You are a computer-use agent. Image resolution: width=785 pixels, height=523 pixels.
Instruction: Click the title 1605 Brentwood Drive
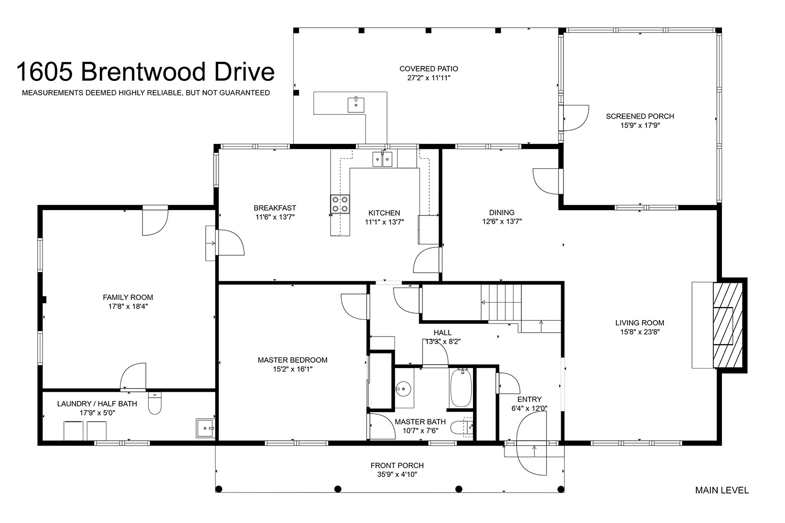click(x=145, y=72)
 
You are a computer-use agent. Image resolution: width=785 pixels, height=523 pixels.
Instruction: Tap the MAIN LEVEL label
click(x=722, y=491)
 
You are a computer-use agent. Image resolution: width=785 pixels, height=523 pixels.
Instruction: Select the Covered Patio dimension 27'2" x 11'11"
click(x=428, y=78)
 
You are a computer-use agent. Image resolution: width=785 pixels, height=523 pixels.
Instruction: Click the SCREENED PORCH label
click(x=640, y=116)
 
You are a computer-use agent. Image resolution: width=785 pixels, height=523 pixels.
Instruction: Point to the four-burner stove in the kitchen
click(x=340, y=204)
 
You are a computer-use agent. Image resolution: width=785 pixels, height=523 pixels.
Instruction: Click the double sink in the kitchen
click(x=382, y=159)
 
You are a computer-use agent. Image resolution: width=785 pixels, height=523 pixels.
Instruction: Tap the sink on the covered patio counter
click(x=356, y=105)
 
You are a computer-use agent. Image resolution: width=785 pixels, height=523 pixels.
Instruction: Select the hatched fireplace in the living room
click(x=727, y=325)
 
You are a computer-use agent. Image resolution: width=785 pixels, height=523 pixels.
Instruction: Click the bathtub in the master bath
click(x=460, y=387)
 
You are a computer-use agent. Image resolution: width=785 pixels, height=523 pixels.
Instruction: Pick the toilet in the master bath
click(x=461, y=428)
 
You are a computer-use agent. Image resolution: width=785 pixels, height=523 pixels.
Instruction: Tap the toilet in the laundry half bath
click(x=155, y=403)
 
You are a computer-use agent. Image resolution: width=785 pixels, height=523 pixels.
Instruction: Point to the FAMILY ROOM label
click(x=128, y=297)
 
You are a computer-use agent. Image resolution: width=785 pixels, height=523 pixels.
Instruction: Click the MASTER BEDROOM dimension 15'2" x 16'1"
click(x=293, y=369)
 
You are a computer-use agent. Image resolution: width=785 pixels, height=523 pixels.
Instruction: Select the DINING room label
click(x=502, y=212)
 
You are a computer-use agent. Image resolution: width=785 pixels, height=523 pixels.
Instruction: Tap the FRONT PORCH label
click(x=397, y=465)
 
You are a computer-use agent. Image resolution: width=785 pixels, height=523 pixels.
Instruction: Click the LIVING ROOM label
click(x=640, y=323)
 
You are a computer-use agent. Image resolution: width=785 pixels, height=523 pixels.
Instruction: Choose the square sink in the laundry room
click(x=205, y=428)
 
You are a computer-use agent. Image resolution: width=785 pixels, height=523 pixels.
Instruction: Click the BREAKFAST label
click(x=275, y=208)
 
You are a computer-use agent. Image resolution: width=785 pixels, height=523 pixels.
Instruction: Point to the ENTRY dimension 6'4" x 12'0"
click(x=529, y=408)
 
